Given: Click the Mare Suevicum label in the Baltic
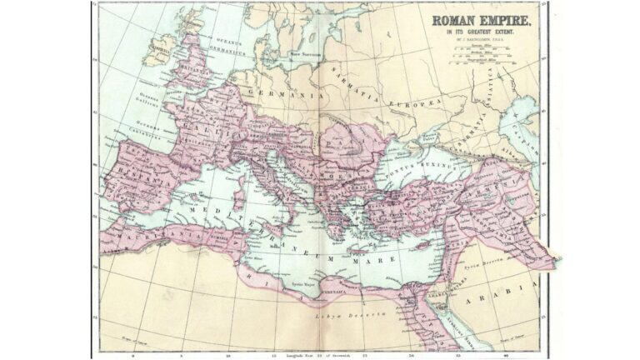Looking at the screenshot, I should [306, 53].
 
